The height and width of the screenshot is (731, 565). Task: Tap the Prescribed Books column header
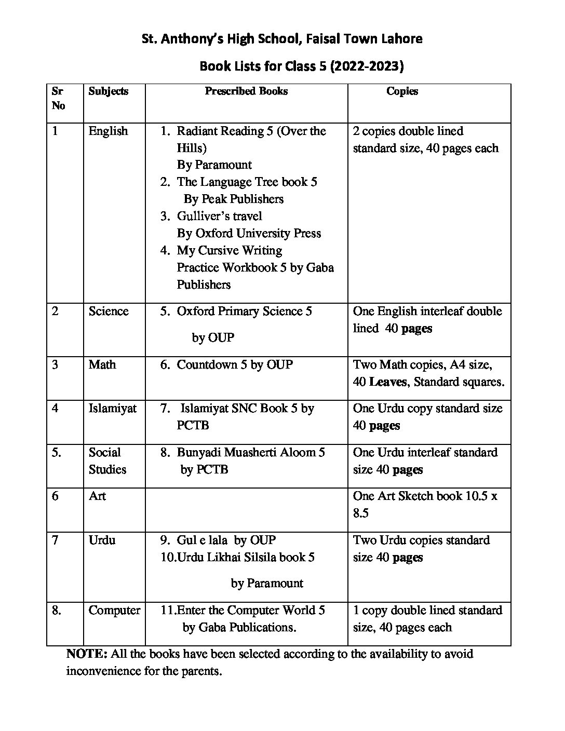[246, 91]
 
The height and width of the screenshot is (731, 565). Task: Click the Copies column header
[402, 91]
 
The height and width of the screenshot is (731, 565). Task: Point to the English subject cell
[108, 131]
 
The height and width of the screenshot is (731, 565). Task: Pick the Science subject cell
[109, 311]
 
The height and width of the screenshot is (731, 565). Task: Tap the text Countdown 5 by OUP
[235, 364]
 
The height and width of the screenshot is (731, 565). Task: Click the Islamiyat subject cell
[113, 409]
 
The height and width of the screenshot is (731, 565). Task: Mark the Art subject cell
[97, 496]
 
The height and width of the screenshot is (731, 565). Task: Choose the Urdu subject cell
[102, 540]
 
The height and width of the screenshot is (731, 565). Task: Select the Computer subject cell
[114, 610]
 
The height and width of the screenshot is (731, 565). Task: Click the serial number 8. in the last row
[57, 610]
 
